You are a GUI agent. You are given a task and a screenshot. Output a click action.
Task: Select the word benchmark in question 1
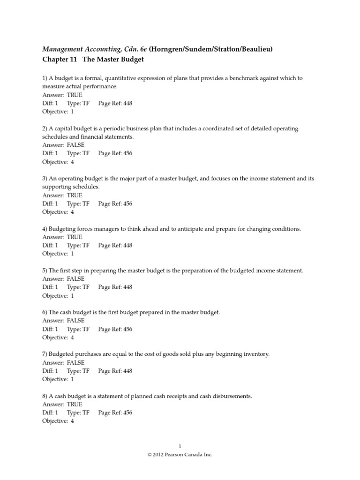(241, 78)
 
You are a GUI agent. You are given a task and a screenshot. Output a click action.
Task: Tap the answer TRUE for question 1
(75, 95)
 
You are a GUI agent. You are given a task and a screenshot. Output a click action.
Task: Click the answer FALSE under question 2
(75, 145)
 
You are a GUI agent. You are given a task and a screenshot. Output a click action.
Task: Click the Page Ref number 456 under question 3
(127, 203)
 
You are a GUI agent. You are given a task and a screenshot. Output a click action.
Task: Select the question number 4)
(45, 229)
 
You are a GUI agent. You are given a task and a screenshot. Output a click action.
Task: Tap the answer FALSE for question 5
(75, 279)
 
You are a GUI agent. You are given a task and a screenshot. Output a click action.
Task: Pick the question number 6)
(45, 312)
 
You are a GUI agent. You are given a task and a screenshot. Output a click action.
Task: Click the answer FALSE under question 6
(75, 321)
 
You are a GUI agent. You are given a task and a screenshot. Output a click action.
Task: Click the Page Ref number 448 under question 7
(127, 371)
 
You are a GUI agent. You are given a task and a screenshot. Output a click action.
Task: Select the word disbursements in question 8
(232, 396)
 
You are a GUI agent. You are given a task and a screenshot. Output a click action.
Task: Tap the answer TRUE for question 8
(75, 404)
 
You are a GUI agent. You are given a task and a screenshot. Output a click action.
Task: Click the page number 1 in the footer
(180, 446)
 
